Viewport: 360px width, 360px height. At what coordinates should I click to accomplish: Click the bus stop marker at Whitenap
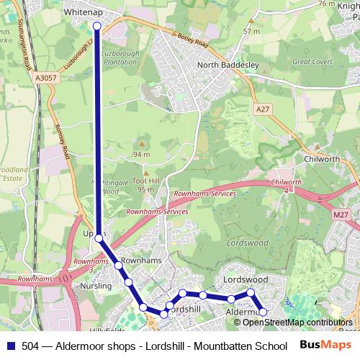[x=97, y=26]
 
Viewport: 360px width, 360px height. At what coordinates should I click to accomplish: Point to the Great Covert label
[x=310, y=62]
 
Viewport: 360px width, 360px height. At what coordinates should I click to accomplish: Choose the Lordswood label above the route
[x=246, y=279]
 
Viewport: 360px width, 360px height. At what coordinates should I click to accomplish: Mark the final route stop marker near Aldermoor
[x=263, y=312]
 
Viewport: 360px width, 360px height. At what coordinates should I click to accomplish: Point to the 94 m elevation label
[x=141, y=155]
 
